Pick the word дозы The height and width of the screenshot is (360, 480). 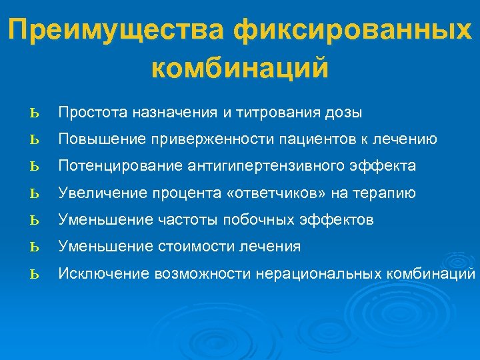tap(344, 113)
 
